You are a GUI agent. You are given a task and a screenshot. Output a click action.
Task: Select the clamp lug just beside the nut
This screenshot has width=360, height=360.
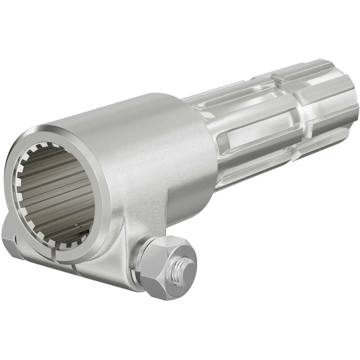pyautogui.click(x=121, y=252)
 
